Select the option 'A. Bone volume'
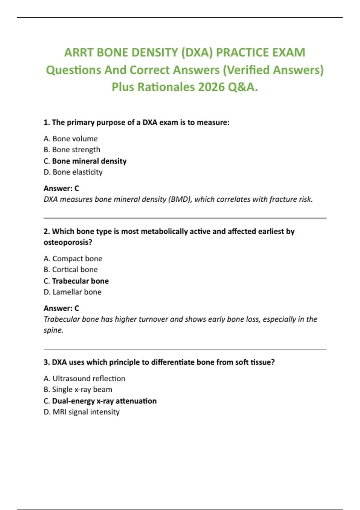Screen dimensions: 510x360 [x=70, y=139]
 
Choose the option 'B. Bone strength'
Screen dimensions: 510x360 [x=72, y=149]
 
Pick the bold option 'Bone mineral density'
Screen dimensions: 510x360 [x=89, y=161]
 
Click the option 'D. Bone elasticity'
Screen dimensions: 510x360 [x=73, y=172]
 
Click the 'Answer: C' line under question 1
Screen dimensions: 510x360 [x=61, y=188]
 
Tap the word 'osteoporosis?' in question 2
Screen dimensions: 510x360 [x=68, y=242]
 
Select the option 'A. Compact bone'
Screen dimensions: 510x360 [x=73, y=259]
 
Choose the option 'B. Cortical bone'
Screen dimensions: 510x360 [x=70, y=269]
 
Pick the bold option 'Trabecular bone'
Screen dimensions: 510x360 [x=80, y=281]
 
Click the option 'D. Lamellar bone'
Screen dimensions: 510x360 [x=72, y=292]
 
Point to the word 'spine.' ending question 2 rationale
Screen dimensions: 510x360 [x=53, y=330]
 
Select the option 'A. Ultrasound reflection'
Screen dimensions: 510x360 [x=84, y=379]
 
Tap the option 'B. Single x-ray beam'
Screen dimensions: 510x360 [x=78, y=389]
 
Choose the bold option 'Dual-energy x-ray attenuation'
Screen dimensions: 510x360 [x=104, y=401]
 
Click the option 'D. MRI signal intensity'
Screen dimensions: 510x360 [x=82, y=412]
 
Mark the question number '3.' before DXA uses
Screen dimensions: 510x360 [x=46, y=362]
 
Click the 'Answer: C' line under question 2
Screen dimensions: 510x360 [x=61, y=308]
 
